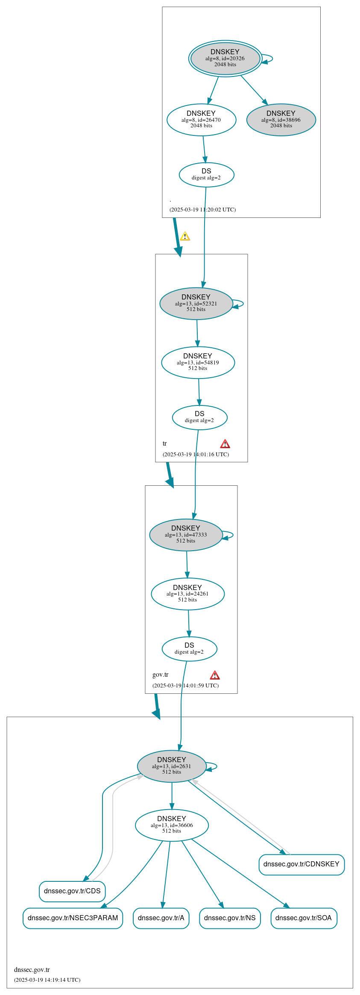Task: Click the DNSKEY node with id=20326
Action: pos(225,59)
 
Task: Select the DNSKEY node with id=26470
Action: pos(201,120)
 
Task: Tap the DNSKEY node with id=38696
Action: pos(281,120)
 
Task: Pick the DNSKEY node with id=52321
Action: pos(196,304)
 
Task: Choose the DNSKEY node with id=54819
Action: pos(198,363)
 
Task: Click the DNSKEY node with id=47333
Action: pos(186,535)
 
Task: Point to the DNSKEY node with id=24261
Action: pos(187,594)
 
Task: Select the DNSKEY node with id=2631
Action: pos(172,766)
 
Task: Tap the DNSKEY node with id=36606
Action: pos(172,825)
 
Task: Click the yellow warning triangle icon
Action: pos(185,236)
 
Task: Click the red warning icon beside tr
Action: pos(225,444)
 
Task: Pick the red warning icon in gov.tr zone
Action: pos(215,675)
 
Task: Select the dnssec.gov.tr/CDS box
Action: pos(72,891)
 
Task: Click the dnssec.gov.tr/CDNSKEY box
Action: pos(301,864)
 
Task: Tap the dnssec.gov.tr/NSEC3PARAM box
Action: pos(73,918)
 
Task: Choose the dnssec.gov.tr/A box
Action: pos(161,918)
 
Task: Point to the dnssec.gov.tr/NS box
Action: pos(230,918)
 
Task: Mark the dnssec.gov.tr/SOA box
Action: pos(304,918)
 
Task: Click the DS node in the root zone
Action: pos(206,175)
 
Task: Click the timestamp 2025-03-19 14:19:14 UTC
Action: pos(47,980)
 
